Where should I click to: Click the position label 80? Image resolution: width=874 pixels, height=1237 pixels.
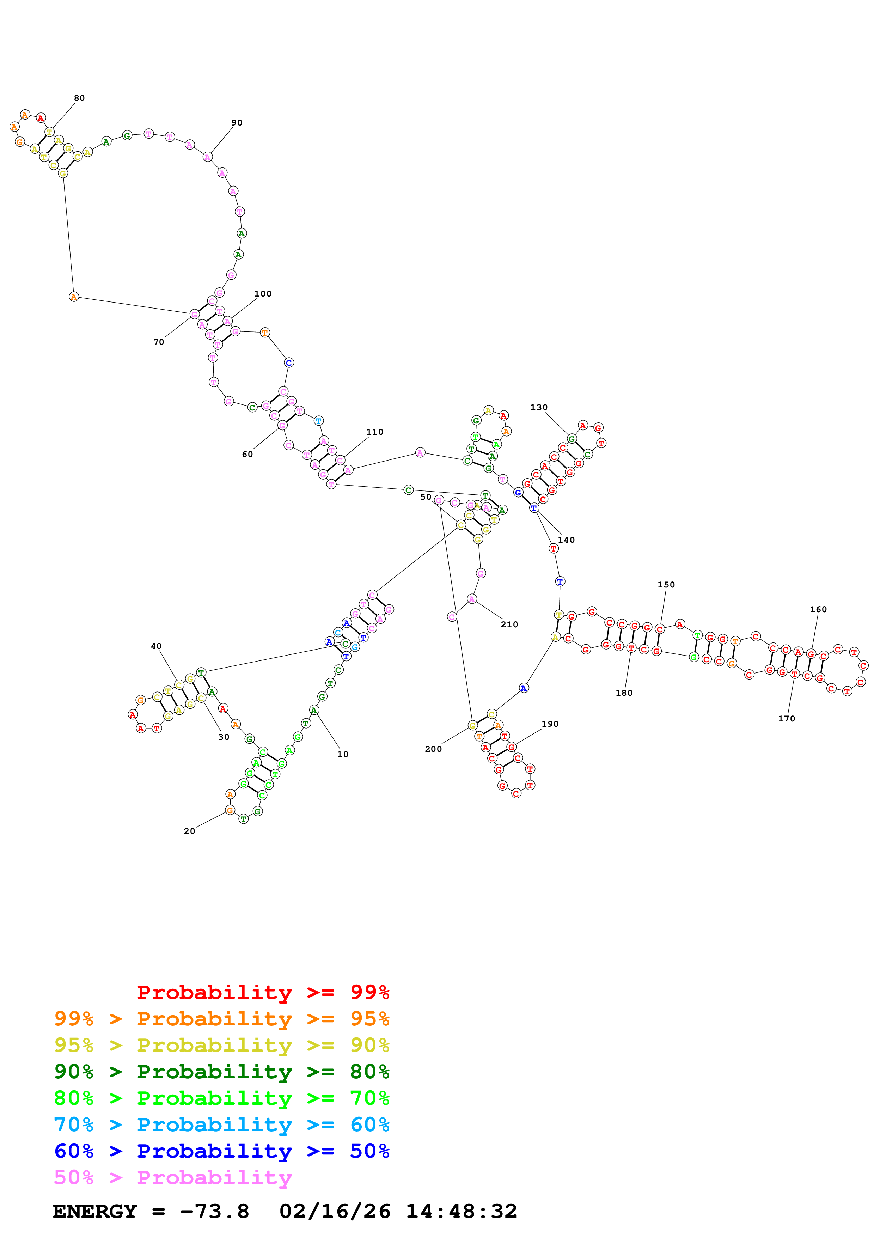click(x=79, y=98)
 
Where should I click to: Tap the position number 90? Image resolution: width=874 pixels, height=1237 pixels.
click(x=237, y=123)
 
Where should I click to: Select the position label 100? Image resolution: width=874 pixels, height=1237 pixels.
click(x=263, y=294)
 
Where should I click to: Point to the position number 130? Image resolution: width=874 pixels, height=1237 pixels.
click(x=538, y=407)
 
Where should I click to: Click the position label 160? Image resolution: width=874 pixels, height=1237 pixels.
click(x=818, y=609)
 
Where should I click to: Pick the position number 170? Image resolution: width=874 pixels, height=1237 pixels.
click(x=786, y=718)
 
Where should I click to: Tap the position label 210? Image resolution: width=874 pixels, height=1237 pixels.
click(x=509, y=624)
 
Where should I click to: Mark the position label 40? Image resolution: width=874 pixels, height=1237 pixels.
click(x=156, y=646)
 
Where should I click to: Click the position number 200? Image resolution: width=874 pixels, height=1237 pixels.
click(x=433, y=749)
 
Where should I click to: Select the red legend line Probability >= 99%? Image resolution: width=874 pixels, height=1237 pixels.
click(x=263, y=992)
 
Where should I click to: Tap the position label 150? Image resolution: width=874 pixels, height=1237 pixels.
click(x=666, y=585)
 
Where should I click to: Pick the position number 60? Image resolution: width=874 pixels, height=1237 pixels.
click(x=247, y=454)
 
